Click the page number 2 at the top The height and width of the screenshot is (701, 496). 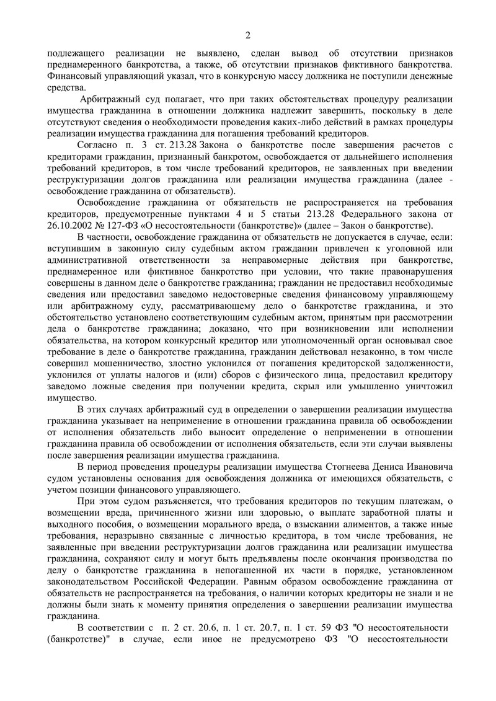coord(247,34)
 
